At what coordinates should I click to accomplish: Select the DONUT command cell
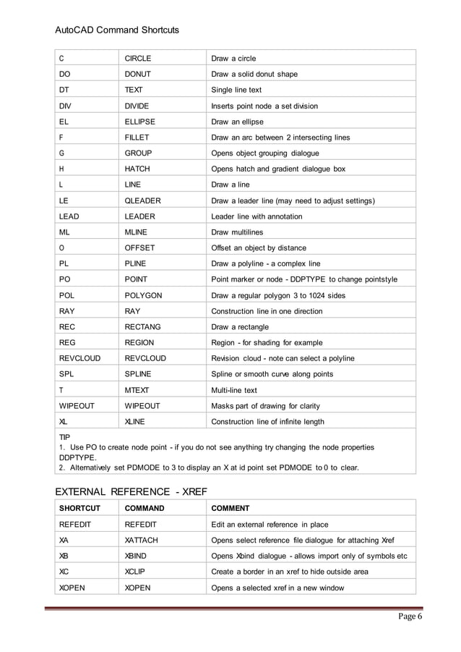point(139,74)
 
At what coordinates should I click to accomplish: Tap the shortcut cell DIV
point(65,106)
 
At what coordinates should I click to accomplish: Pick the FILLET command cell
point(137,137)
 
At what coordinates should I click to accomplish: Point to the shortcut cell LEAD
point(71,216)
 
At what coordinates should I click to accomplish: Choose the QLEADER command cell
point(142,200)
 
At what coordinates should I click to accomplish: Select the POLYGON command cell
point(143,295)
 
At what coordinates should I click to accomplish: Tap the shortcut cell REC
point(67,327)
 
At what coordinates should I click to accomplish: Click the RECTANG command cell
point(143,327)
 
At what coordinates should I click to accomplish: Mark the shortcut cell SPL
point(66,374)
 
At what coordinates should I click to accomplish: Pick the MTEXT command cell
point(139,390)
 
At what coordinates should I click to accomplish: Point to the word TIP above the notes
point(64,438)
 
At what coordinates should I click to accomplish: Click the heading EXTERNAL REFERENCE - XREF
point(132,491)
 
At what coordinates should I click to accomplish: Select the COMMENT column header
point(230,508)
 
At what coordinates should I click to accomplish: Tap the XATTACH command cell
point(141,540)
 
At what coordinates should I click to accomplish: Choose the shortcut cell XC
point(64,572)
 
